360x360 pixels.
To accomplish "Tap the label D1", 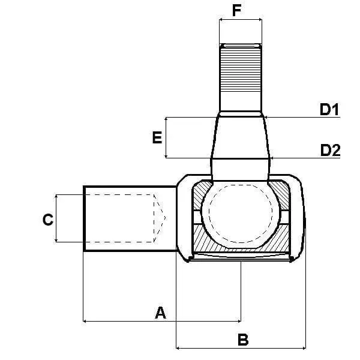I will tap(329, 110).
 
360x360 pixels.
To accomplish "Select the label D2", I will tap(329, 150).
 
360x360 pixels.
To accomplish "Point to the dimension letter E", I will tap(157, 138).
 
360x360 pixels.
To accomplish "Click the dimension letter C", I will tap(48, 220).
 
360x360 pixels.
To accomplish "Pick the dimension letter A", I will tap(160, 312).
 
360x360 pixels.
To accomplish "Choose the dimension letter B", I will tap(243, 340).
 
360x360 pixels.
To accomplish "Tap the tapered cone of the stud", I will tap(240, 137).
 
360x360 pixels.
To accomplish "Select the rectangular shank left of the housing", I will tap(120, 218).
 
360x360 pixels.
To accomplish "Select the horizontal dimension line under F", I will tap(241, 20).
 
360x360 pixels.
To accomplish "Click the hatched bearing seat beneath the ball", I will tap(240, 245).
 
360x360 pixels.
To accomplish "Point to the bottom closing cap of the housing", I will tap(240, 257).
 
